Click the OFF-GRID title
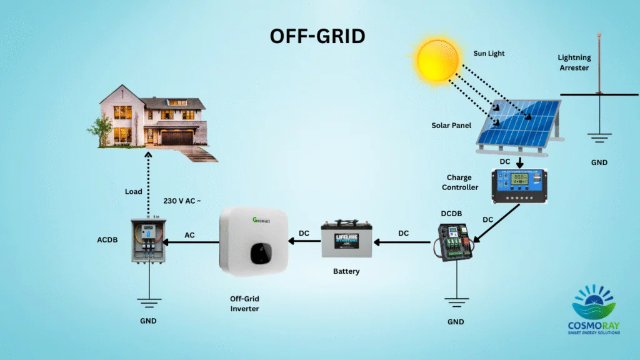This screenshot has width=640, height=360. pos(317,36)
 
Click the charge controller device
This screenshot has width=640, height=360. pos(518,186)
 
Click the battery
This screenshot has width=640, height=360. pos(347,239)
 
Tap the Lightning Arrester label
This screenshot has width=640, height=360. pos(574,62)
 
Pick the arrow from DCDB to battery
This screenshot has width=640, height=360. pos(402,243)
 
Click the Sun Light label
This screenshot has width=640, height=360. pos(489,54)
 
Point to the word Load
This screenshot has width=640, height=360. pos(134,191)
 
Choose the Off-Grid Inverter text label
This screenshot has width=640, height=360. pos(244,304)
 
